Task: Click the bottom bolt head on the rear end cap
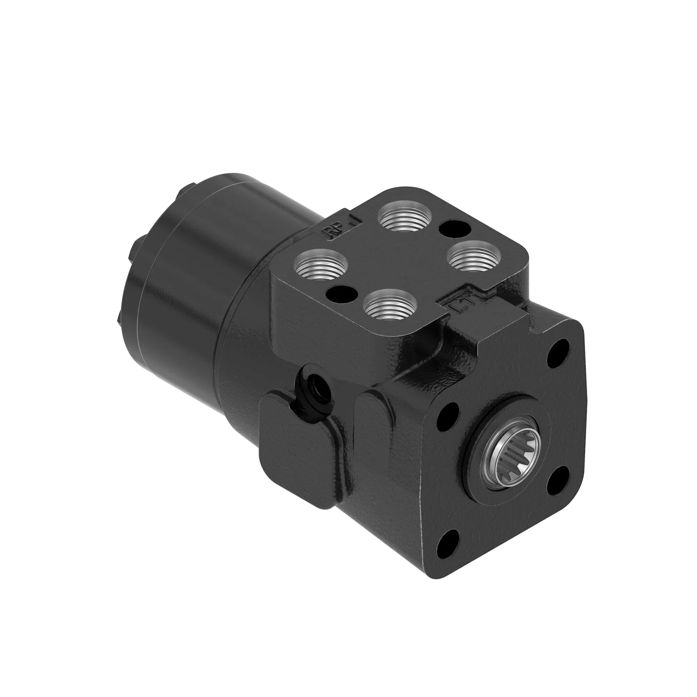point(120,317)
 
